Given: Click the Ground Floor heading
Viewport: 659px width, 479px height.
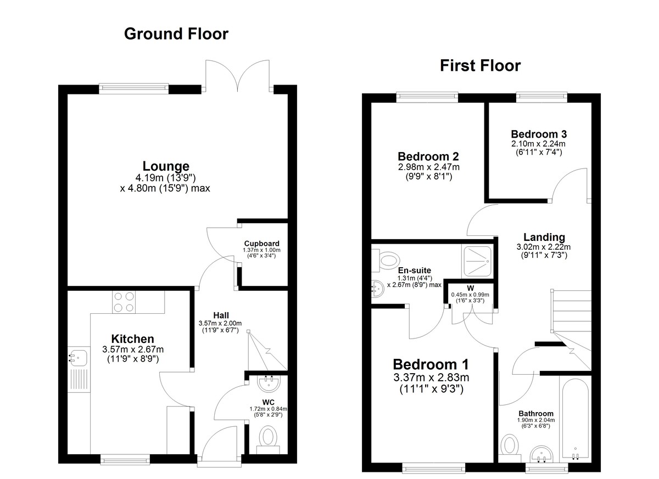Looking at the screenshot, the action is [176, 34].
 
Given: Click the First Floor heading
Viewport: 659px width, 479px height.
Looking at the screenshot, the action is [480, 65].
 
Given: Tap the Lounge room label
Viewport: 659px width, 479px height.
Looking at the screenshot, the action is [166, 166].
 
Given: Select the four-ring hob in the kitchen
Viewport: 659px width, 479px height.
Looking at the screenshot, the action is [124, 302].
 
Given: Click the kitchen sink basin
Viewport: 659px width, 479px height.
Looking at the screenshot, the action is [77, 358].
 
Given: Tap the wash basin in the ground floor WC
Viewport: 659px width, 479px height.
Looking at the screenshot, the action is [269, 383].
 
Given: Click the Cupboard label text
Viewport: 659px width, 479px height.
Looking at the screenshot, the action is [261, 244].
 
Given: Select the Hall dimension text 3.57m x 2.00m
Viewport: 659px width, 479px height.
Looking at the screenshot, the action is [220, 323].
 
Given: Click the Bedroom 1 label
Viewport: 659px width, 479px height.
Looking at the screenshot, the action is [431, 364].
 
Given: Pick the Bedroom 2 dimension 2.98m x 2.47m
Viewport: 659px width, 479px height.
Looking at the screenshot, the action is [429, 167].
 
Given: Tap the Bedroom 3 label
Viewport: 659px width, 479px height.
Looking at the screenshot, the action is [539, 134].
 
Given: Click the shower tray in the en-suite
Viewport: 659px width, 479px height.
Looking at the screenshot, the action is [477, 262].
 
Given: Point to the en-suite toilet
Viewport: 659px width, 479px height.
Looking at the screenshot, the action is [386, 261].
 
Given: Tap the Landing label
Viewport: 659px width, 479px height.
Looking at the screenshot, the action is [544, 237].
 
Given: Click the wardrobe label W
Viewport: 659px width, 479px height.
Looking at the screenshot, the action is [470, 288].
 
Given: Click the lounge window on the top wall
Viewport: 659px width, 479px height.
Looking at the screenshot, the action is [134, 89].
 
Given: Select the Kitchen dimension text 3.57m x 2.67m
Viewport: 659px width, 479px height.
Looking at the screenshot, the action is [133, 350].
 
